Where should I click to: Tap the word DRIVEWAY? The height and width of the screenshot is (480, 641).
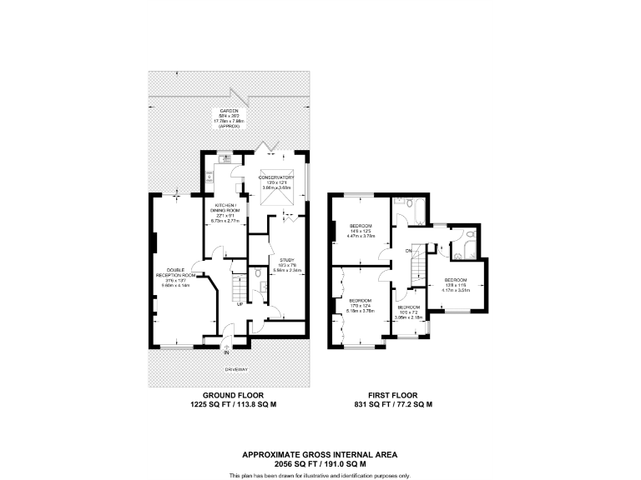click(233, 367)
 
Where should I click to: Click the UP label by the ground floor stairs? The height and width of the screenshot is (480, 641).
click(240, 303)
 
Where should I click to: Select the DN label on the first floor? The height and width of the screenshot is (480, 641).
click(410, 250)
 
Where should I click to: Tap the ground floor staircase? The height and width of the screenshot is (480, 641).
click(239, 287)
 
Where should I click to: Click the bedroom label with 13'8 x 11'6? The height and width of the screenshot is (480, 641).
click(457, 284)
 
